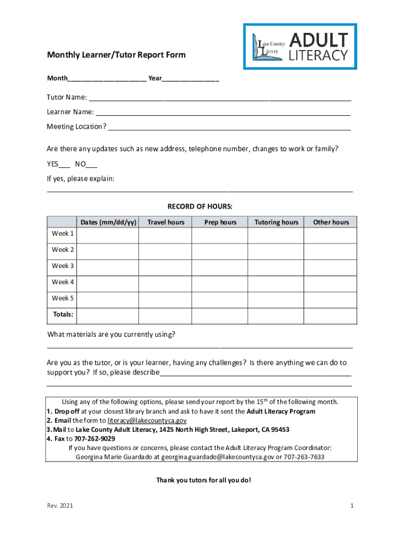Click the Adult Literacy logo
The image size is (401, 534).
pyautogui.click(x=300, y=46)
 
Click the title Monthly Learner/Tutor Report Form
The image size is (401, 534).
pyautogui.click(x=116, y=55)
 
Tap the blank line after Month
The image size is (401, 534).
pyautogui.click(x=107, y=79)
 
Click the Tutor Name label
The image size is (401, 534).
pyautogui.click(x=67, y=98)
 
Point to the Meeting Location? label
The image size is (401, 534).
pyautogui.click(x=77, y=127)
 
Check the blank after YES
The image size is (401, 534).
pyautogui.click(x=64, y=164)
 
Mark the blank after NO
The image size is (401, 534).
pyautogui.click(x=91, y=164)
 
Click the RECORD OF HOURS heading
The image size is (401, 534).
pyautogui.click(x=199, y=207)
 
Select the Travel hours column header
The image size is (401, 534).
pyautogui.click(x=166, y=223)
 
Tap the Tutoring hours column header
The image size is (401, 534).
pyautogui.click(x=276, y=223)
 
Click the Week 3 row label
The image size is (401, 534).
pyautogui.click(x=62, y=266)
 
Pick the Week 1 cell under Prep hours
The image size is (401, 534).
pyautogui.click(x=220, y=236)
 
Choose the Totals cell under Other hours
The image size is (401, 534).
pyautogui.click(x=330, y=315)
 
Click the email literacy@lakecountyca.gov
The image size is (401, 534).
pyautogui.click(x=147, y=420)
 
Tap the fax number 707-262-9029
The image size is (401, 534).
pyautogui.click(x=95, y=439)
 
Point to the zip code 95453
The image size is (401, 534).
pyautogui.click(x=279, y=430)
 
